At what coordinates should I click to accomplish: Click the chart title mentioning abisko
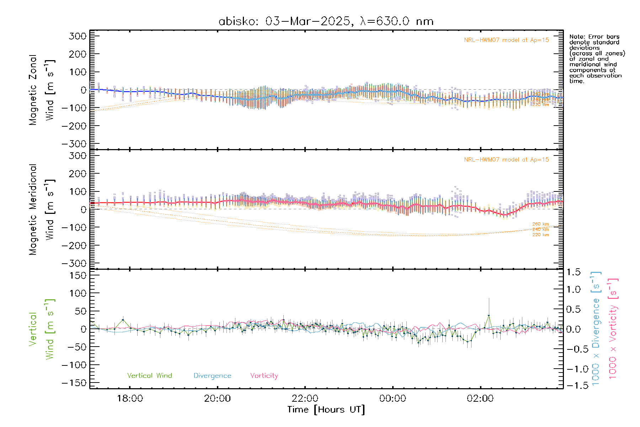326,21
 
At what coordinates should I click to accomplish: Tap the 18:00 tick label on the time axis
130,399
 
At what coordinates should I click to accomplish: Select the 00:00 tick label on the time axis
393,399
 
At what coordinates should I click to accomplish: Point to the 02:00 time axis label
480,399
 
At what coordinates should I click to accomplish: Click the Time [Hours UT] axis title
326,410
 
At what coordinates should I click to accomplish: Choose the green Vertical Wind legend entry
149,375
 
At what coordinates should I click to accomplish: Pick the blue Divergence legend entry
212,375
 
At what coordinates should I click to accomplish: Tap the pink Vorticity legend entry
264,375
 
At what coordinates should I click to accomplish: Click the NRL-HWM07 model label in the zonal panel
506,40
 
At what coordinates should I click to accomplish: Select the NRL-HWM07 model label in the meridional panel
506,159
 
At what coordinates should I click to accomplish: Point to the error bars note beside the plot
597,59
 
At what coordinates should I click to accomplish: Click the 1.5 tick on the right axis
573,272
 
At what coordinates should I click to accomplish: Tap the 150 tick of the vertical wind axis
78,275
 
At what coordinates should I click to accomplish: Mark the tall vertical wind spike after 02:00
489,315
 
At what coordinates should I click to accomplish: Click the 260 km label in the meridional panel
540,224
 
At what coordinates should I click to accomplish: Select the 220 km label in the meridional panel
540,235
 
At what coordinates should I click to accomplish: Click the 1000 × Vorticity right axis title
613,328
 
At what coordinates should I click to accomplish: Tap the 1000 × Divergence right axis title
596,328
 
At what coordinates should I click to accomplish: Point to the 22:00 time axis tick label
305,399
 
